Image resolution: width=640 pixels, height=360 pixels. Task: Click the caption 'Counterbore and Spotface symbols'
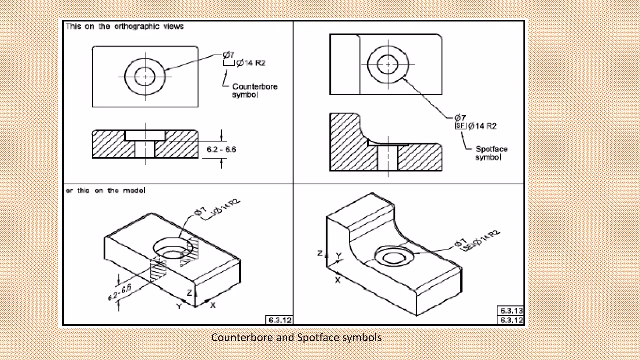pyautogui.click(x=296, y=337)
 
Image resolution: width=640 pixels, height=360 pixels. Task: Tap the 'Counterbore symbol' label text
pyautogui.click(x=254, y=90)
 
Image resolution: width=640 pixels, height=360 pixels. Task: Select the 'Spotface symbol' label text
pyautogui.click(x=491, y=153)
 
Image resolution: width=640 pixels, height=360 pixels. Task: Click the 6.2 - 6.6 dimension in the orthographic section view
pyautogui.click(x=221, y=149)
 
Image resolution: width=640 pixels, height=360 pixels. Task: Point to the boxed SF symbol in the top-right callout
pyautogui.click(x=460, y=126)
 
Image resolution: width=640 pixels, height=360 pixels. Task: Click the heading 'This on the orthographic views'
pyautogui.click(x=124, y=26)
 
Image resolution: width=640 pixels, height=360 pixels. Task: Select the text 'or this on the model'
pyautogui.click(x=105, y=191)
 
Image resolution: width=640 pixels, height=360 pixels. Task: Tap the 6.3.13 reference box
pyautogui.click(x=511, y=311)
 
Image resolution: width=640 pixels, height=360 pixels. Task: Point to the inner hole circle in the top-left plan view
pyautogui.click(x=145, y=77)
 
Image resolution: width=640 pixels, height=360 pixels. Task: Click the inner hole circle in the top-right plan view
pyautogui.click(x=388, y=64)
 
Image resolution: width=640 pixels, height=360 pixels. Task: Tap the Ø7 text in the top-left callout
pyautogui.click(x=228, y=55)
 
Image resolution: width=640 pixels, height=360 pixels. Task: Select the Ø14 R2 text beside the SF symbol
pyautogui.click(x=482, y=126)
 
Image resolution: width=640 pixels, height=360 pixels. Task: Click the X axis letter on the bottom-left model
pyautogui.click(x=213, y=305)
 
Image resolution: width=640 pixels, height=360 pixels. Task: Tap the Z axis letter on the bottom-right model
pyautogui.click(x=320, y=253)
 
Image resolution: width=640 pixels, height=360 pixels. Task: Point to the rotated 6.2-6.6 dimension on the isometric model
pyautogui.click(x=120, y=292)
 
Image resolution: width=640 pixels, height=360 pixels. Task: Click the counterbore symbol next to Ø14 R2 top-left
pyautogui.click(x=229, y=63)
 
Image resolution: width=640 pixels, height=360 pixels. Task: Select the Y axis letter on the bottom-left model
pyautogui.click(x=179, y=307)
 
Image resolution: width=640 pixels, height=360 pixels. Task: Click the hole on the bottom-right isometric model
pyautogui.click(x=394, y=257)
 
